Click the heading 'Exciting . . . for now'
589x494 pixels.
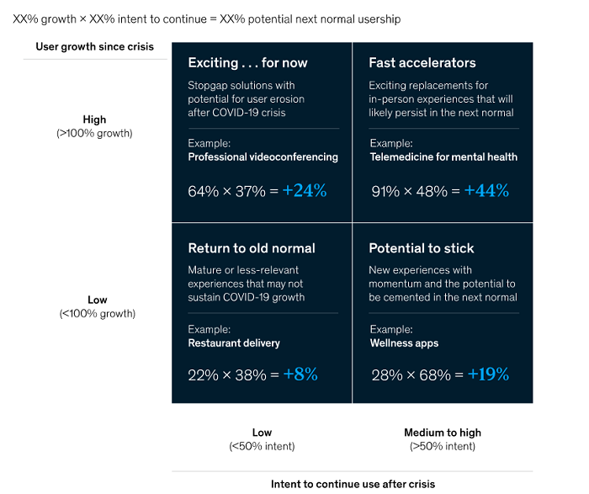(x=247, y=63)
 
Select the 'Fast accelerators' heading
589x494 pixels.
(x=422, y=63)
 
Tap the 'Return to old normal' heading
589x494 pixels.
(x=252, y=248)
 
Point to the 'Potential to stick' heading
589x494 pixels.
(x=421, y=248)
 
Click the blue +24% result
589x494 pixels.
(x=305, y=191)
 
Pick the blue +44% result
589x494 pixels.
(x=486, y=191)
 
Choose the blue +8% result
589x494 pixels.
(x=300, y=375)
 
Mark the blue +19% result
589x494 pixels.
(x=488, y=375)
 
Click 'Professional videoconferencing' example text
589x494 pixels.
(x=263, y=157)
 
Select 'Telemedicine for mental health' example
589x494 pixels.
(x=443, y=157)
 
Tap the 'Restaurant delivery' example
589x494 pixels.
(x=234, y=343)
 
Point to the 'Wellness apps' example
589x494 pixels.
(x=404, y=343)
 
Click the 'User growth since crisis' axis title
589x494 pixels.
(x=94, y=46)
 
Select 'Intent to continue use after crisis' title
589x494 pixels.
(x=353, y=484)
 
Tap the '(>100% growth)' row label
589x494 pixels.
(x=95, y=133)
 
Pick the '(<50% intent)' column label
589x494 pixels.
(x=262, y=446)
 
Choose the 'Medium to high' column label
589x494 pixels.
(x=443, y=433)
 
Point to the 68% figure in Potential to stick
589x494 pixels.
(x=435, y=375)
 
